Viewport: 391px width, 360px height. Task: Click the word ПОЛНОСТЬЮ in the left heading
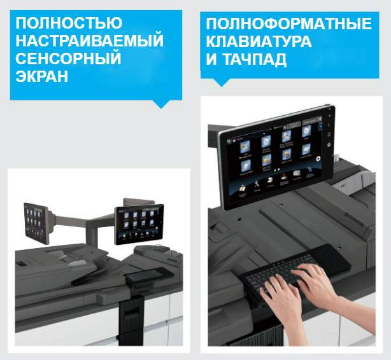(68, 24)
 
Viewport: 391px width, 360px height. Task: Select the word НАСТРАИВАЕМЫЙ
(89, 41)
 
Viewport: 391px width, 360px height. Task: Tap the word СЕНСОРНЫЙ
(67, 59)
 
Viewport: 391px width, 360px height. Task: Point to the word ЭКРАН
(41, 77)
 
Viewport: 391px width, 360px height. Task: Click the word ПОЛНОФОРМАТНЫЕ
(288, 24)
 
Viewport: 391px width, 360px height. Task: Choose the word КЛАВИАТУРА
(259, 42)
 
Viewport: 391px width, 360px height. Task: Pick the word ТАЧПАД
(253, 60)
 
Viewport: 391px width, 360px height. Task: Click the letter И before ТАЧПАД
(211, 60)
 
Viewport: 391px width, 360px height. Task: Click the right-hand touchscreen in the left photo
(139, 222)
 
